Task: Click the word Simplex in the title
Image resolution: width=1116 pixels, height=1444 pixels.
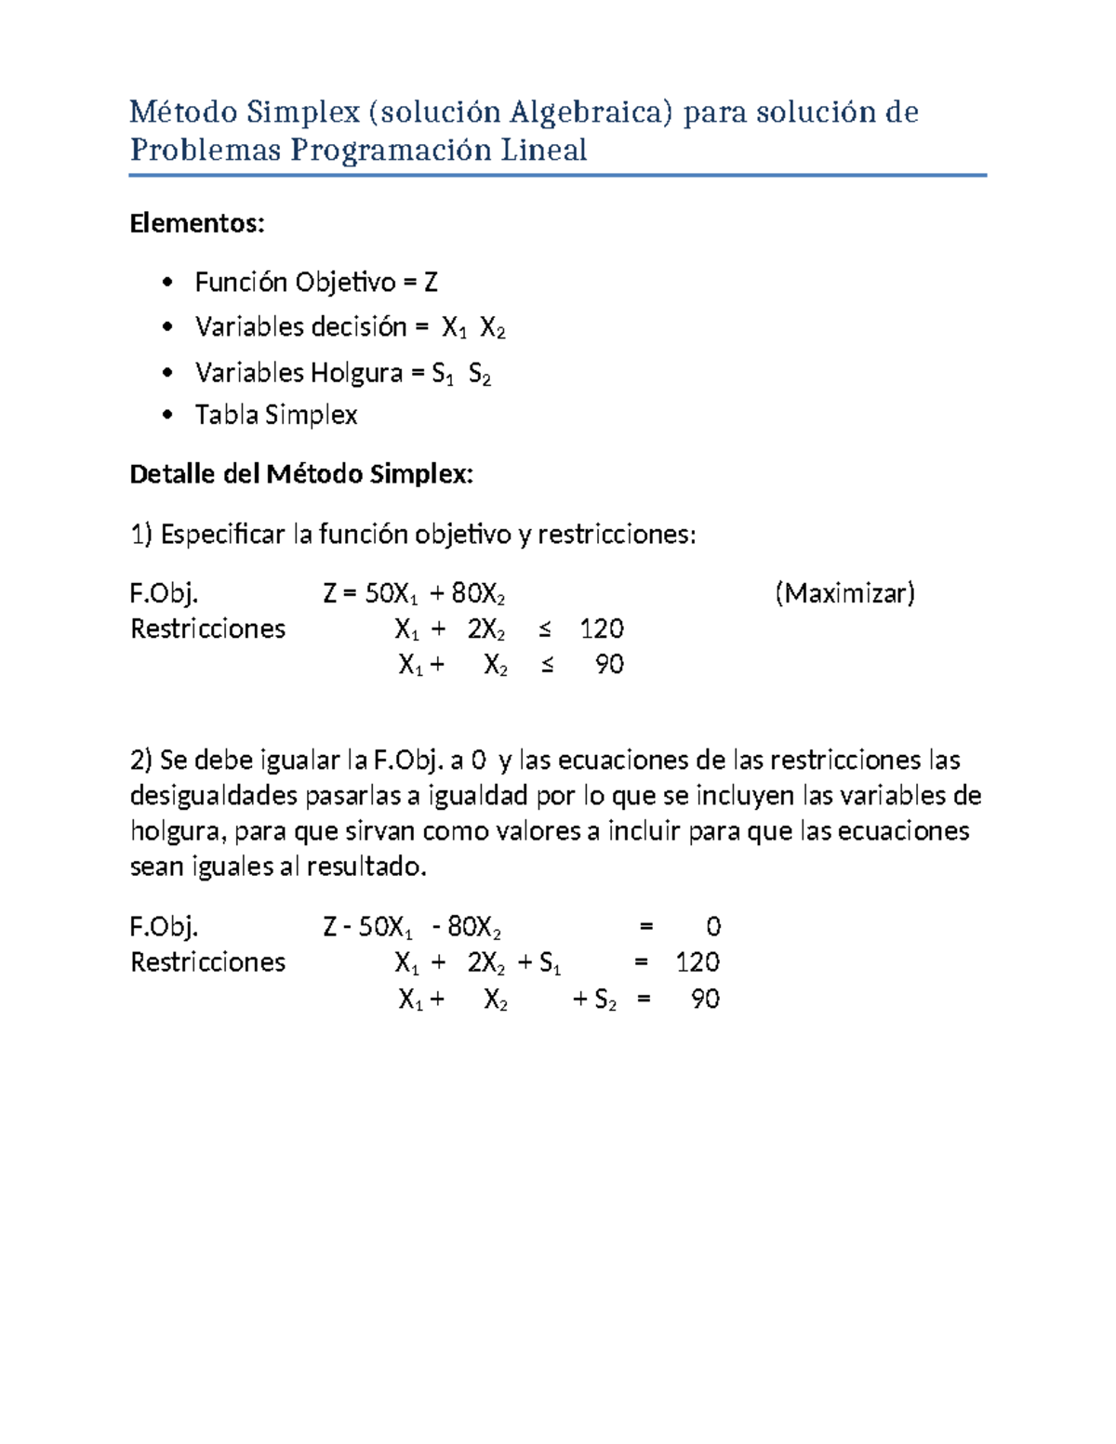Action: click(302, 113)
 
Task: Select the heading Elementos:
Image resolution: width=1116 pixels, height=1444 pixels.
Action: click(197, 223)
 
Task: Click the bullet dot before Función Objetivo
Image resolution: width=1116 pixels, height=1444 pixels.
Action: click(167, 282)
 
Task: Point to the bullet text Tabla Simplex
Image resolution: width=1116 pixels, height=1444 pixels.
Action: click(276, 415)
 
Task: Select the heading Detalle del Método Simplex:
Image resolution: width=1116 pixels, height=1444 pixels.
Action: click(301, 474)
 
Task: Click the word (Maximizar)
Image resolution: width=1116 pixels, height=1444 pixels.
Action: click(844, 593)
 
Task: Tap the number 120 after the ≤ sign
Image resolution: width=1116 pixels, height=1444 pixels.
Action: click(602, 629)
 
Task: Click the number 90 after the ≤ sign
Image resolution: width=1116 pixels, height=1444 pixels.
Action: click(609, 665)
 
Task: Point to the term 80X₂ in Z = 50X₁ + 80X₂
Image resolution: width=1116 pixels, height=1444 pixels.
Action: click(477, 594)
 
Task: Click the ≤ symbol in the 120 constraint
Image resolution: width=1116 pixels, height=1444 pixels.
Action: click(545, 629)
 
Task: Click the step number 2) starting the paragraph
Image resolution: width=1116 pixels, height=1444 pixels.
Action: click(140, 761)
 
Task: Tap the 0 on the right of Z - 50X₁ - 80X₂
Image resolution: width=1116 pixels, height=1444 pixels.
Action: click(713, 927)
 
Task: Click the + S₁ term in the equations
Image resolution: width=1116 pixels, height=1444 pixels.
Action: click(539, 963)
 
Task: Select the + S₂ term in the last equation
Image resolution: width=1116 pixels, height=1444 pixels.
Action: click(594, 1000)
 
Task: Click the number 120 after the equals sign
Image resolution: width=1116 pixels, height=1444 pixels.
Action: click(697, 962)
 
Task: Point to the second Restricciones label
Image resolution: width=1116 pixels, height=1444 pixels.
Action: click(207, 962)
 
